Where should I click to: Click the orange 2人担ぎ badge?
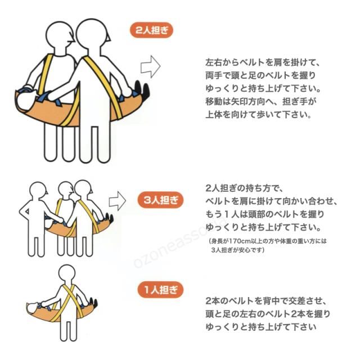click(x=151, y=30)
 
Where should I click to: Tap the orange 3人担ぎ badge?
click(x=160, y=200)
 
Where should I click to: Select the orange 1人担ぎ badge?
click(x=160, y=290)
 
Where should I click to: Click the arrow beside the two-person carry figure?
click(x=151, y=66)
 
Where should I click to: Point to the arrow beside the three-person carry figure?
click(x=118, y=201)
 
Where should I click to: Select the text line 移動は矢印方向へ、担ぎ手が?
click(x=260, y=101)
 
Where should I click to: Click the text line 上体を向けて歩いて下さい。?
click(x=258, y=115)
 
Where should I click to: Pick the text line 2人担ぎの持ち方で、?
click(x=245, y=188)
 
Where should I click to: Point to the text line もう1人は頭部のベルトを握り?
click(x=265, y=214)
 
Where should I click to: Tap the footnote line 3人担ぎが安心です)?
click(x=237, y=250)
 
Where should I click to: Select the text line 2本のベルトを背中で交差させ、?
click(x=266, y=301)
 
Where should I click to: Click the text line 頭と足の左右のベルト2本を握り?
click(x=268, y=314)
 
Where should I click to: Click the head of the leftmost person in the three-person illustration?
click(x=38, y=191)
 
